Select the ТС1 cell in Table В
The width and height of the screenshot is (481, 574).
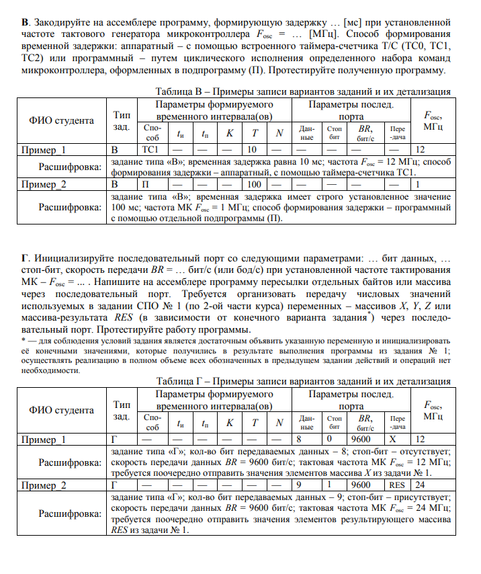pyautogui.click(x=151, y=150)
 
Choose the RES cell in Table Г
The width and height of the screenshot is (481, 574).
pyautogui.click(x=398, y=485)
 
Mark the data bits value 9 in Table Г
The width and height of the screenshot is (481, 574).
pyautogui.click(x=307, y=485)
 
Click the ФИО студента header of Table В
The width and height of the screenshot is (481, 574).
pyautogui.click(x=61, y=121)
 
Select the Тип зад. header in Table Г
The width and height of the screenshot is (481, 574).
pyautogui.click(x=122, y=409)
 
